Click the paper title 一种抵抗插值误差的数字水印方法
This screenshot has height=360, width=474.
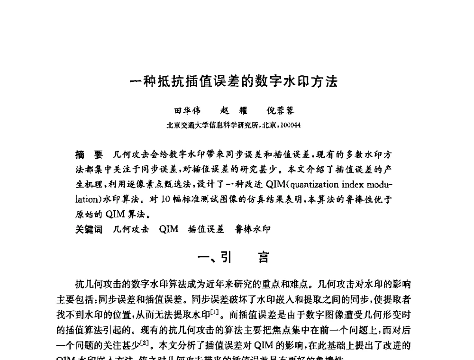(234, 81)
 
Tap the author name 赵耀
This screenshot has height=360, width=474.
(231, 110)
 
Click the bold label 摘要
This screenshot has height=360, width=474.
(89, 154)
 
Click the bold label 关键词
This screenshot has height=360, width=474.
(89, 230)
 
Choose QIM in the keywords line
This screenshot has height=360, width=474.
(169, 230)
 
